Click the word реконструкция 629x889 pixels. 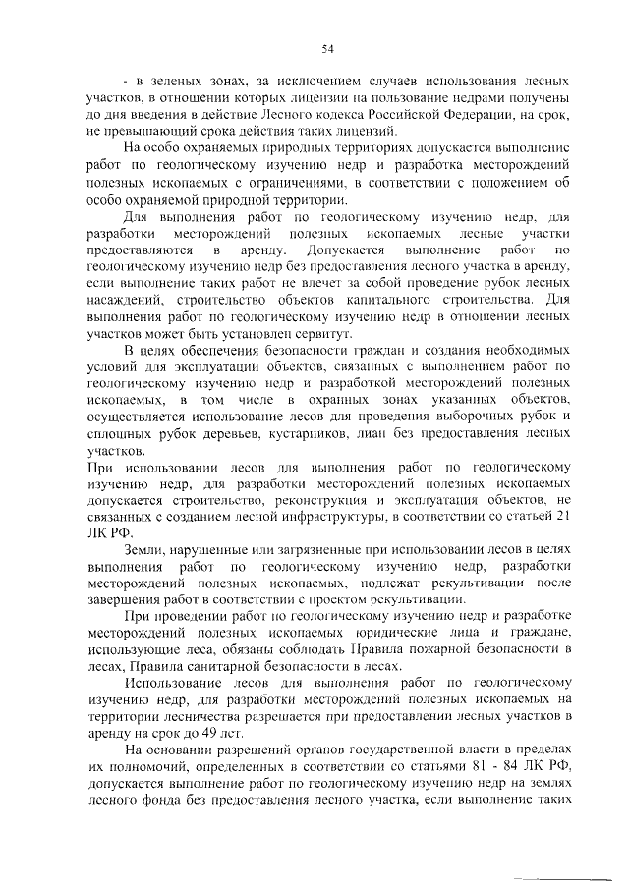point(290,499)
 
